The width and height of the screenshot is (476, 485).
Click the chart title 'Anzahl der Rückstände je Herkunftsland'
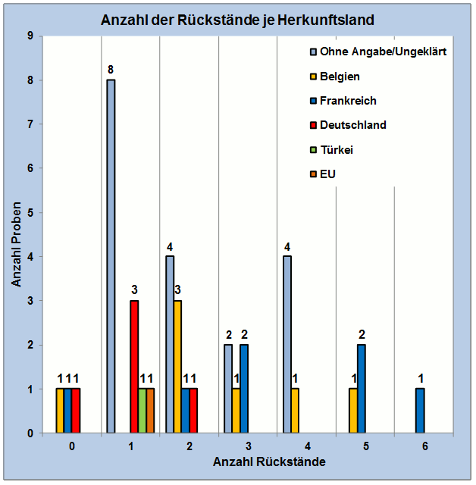click(x=237, y=19)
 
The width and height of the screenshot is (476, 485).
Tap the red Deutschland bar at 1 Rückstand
click(x=134, y=367)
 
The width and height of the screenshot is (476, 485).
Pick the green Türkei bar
click(x=142, y=411)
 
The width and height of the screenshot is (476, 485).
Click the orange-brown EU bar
click(x=150, y=411)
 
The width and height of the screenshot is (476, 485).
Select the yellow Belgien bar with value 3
click(x=178, y=367)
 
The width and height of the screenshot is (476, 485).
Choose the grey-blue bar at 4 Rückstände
click(x=288, y=345)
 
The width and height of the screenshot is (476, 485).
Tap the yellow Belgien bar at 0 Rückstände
click(x=60, y=411)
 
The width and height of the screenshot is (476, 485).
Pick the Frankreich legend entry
click(x=348, y=101)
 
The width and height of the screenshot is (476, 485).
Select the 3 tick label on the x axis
click(x=248, y=446)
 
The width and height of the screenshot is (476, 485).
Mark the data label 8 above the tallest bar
click(x=111, y=70)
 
